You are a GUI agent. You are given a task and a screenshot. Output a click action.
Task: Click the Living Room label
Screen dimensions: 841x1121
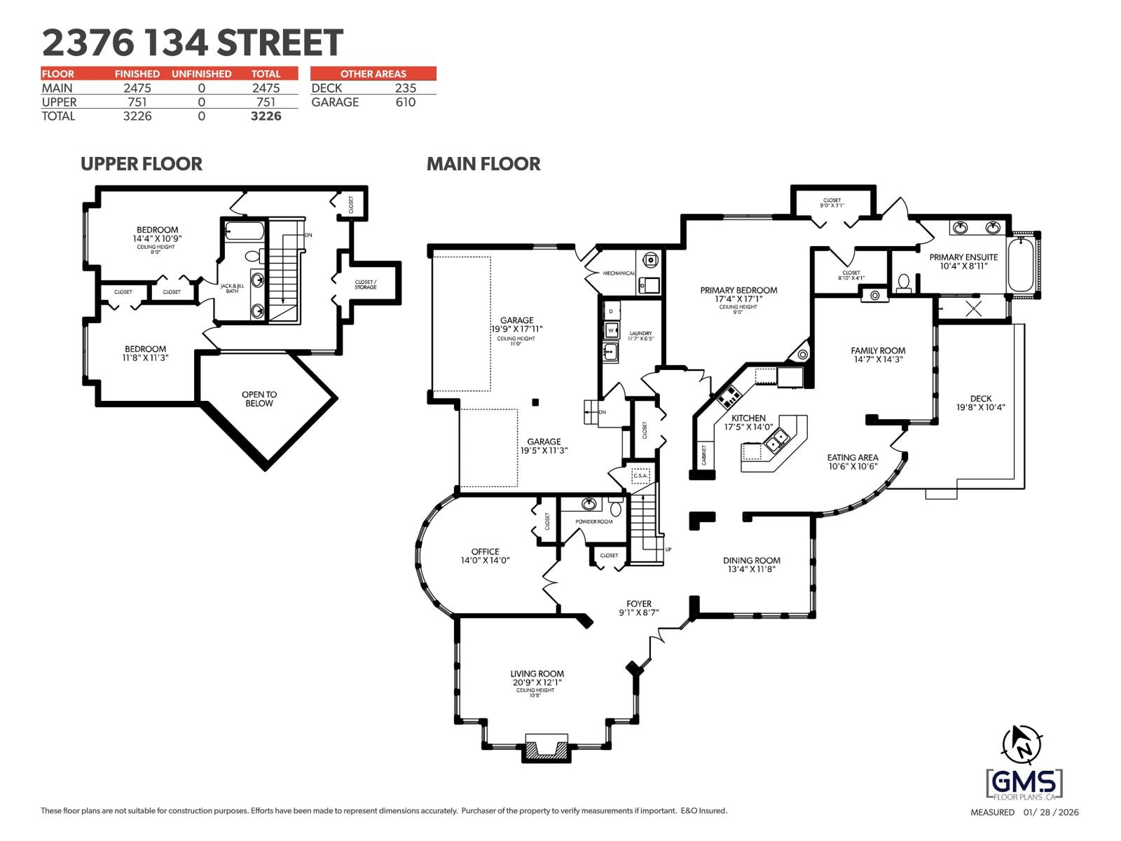[x=537, y=674]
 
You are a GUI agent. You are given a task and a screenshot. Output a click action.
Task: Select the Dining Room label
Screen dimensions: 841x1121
[x=751, y=561]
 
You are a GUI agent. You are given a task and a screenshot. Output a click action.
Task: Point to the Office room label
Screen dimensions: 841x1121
[x=485, y=552]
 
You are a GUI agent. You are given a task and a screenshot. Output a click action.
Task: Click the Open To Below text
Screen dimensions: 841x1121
[x=259, y=399]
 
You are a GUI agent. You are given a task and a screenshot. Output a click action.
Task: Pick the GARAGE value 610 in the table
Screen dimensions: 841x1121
[x=405, y=102]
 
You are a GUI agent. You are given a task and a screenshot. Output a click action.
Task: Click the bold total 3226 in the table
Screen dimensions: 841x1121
[x=266, y=116]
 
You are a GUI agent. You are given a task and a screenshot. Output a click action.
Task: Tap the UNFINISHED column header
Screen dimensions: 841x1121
[x=201, y=74]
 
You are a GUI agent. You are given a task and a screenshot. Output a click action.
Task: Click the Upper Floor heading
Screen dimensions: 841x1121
[x=141, y=164]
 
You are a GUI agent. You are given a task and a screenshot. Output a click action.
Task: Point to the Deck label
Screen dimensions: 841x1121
[x=980, y=399]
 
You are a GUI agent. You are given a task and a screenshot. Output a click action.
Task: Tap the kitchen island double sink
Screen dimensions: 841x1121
[x=777, y=439]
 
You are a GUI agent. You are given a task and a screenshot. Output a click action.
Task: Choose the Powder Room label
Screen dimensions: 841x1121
[x=593, y=521]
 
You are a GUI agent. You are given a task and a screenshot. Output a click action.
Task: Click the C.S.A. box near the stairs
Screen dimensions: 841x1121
[x=640, y=476]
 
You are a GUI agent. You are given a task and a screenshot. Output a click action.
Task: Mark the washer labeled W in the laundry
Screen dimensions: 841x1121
[x=611, y=330]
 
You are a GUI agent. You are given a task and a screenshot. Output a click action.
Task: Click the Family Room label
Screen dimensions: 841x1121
[x=877, y=351]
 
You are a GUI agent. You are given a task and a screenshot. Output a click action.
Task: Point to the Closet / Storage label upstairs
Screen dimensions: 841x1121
[x=365, y=284]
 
